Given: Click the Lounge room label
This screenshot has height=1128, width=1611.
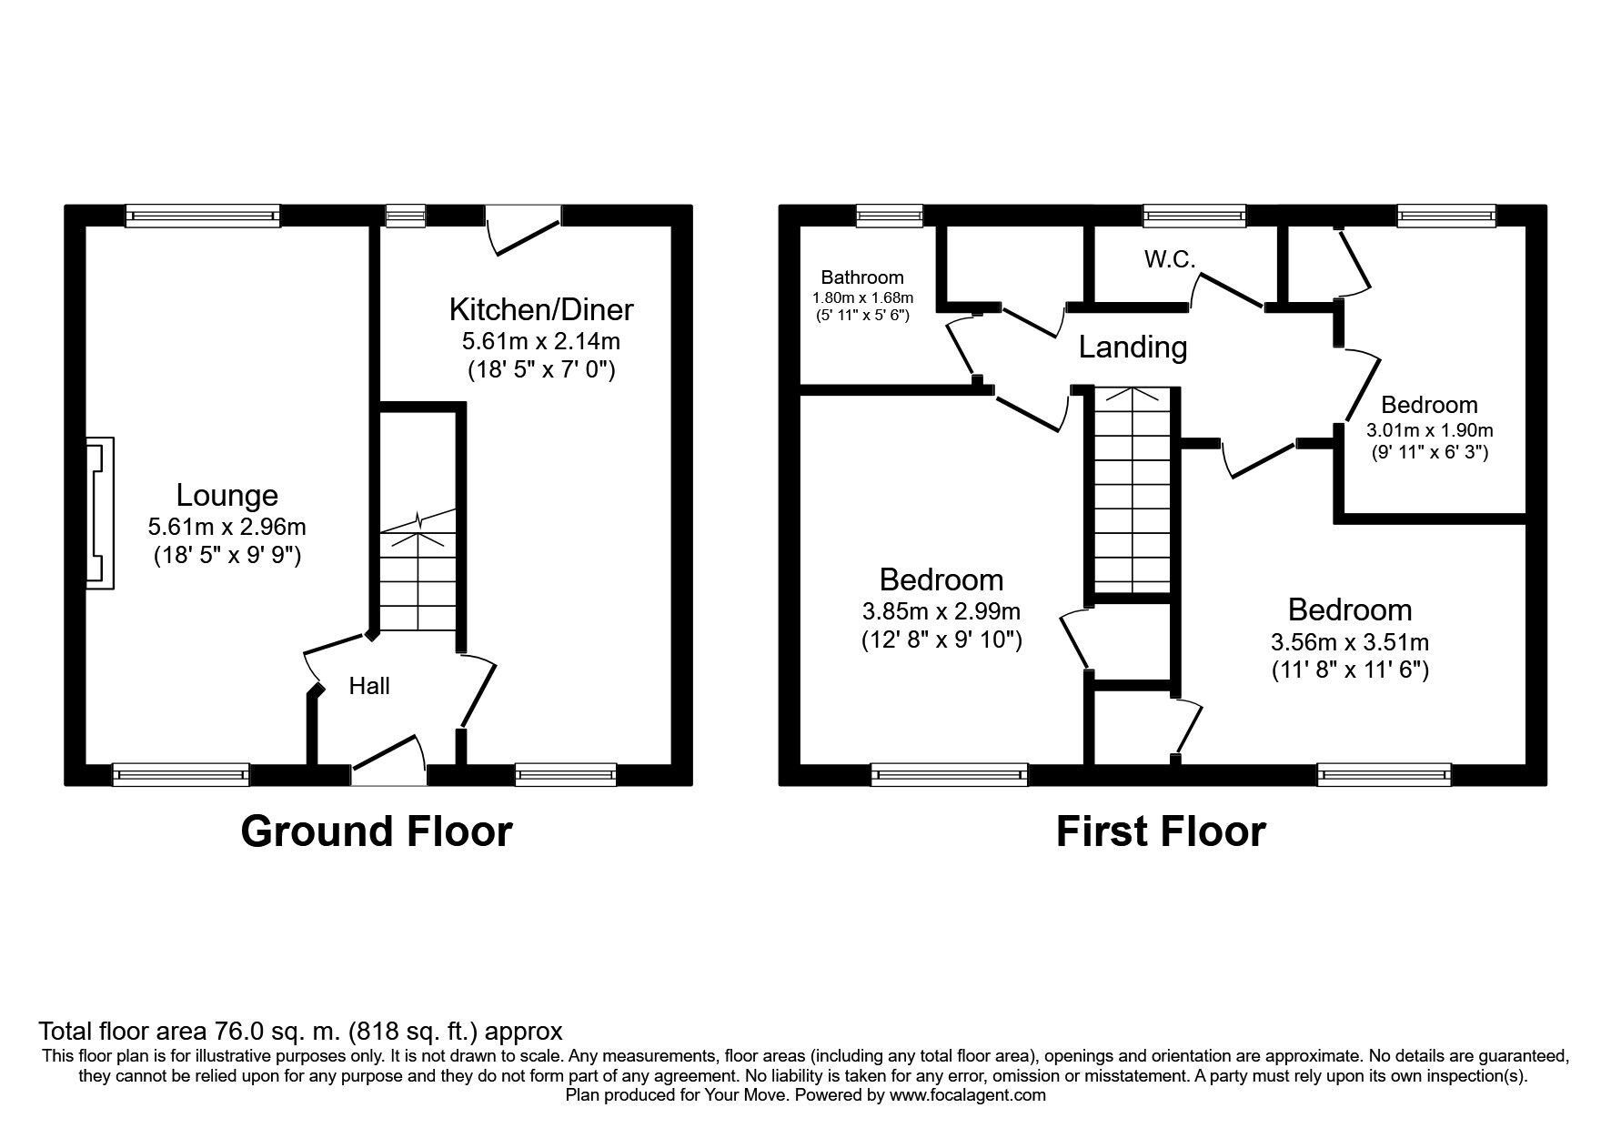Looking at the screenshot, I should (227, 495).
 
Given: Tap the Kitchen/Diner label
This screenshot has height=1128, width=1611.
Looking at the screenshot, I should (541, 309).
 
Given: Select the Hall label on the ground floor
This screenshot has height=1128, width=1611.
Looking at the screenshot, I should (369, 686).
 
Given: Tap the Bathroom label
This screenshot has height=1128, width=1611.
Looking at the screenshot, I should (862, 277).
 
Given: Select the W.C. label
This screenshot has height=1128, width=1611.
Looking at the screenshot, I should (1170, 259).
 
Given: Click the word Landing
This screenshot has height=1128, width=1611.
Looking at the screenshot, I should (1133, 347).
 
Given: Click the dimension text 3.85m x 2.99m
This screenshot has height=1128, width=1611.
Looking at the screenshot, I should (941, 611).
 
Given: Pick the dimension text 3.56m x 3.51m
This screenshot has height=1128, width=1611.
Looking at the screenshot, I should (1350, 642).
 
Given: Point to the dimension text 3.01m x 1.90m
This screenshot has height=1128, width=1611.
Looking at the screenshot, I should (1430, 430).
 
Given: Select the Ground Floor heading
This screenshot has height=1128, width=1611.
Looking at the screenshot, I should (377, 831).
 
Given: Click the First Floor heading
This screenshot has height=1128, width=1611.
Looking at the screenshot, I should (1161, 831).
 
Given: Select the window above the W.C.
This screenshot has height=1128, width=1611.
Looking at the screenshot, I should (1194, 216).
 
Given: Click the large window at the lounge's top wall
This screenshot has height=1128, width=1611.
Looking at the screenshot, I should (203, 216).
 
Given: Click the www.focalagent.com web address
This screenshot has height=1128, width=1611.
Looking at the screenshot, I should (967, 1095).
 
